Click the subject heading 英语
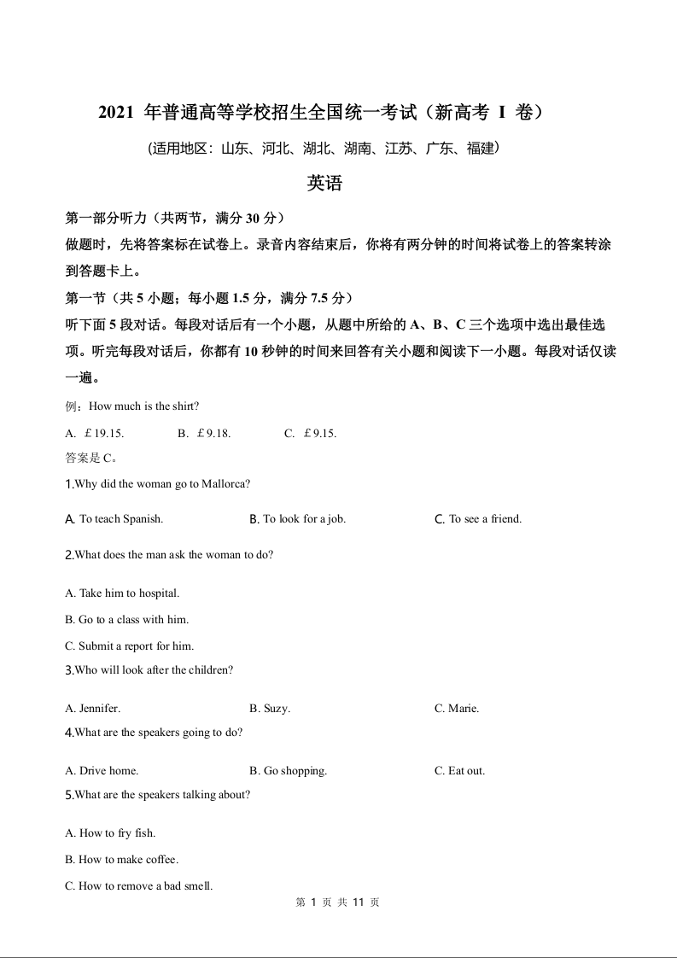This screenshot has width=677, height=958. tap(324, 184)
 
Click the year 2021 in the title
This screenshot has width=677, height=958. tap(116, 112)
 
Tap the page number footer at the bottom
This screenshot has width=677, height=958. tap(338, 903)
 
